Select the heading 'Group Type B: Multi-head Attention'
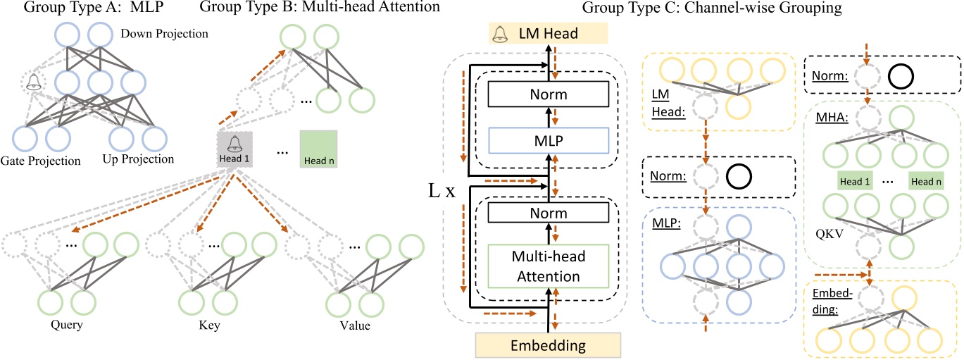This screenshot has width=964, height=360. click(320, 8)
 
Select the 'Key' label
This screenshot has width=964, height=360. click(206, 325)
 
